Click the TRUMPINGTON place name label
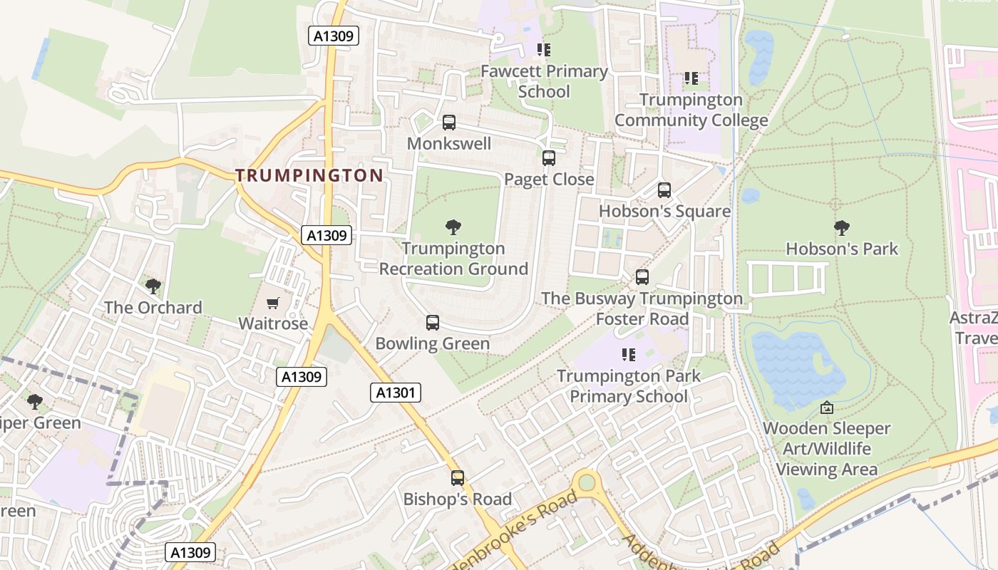coord(309,175)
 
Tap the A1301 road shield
coord(396,392)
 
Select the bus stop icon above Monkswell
coord(448,123)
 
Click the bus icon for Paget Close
coord(548,158)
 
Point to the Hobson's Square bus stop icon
coord(664,190)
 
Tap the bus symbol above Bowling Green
coord(432,323)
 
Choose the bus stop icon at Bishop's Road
coord(457,478)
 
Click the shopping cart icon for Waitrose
coord(272,304)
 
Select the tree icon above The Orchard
coord(153,286)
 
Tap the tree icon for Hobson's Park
coord(841,228)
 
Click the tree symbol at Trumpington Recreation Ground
coord(453,227)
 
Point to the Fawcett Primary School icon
coord(544,50)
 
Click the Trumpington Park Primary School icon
coord(628,354)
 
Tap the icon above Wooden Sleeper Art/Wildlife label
coord(826,408)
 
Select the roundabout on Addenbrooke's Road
coord(587,483)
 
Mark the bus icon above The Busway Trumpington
coord(642,277)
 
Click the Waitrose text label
coord(273,323)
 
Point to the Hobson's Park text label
coord(842,249)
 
